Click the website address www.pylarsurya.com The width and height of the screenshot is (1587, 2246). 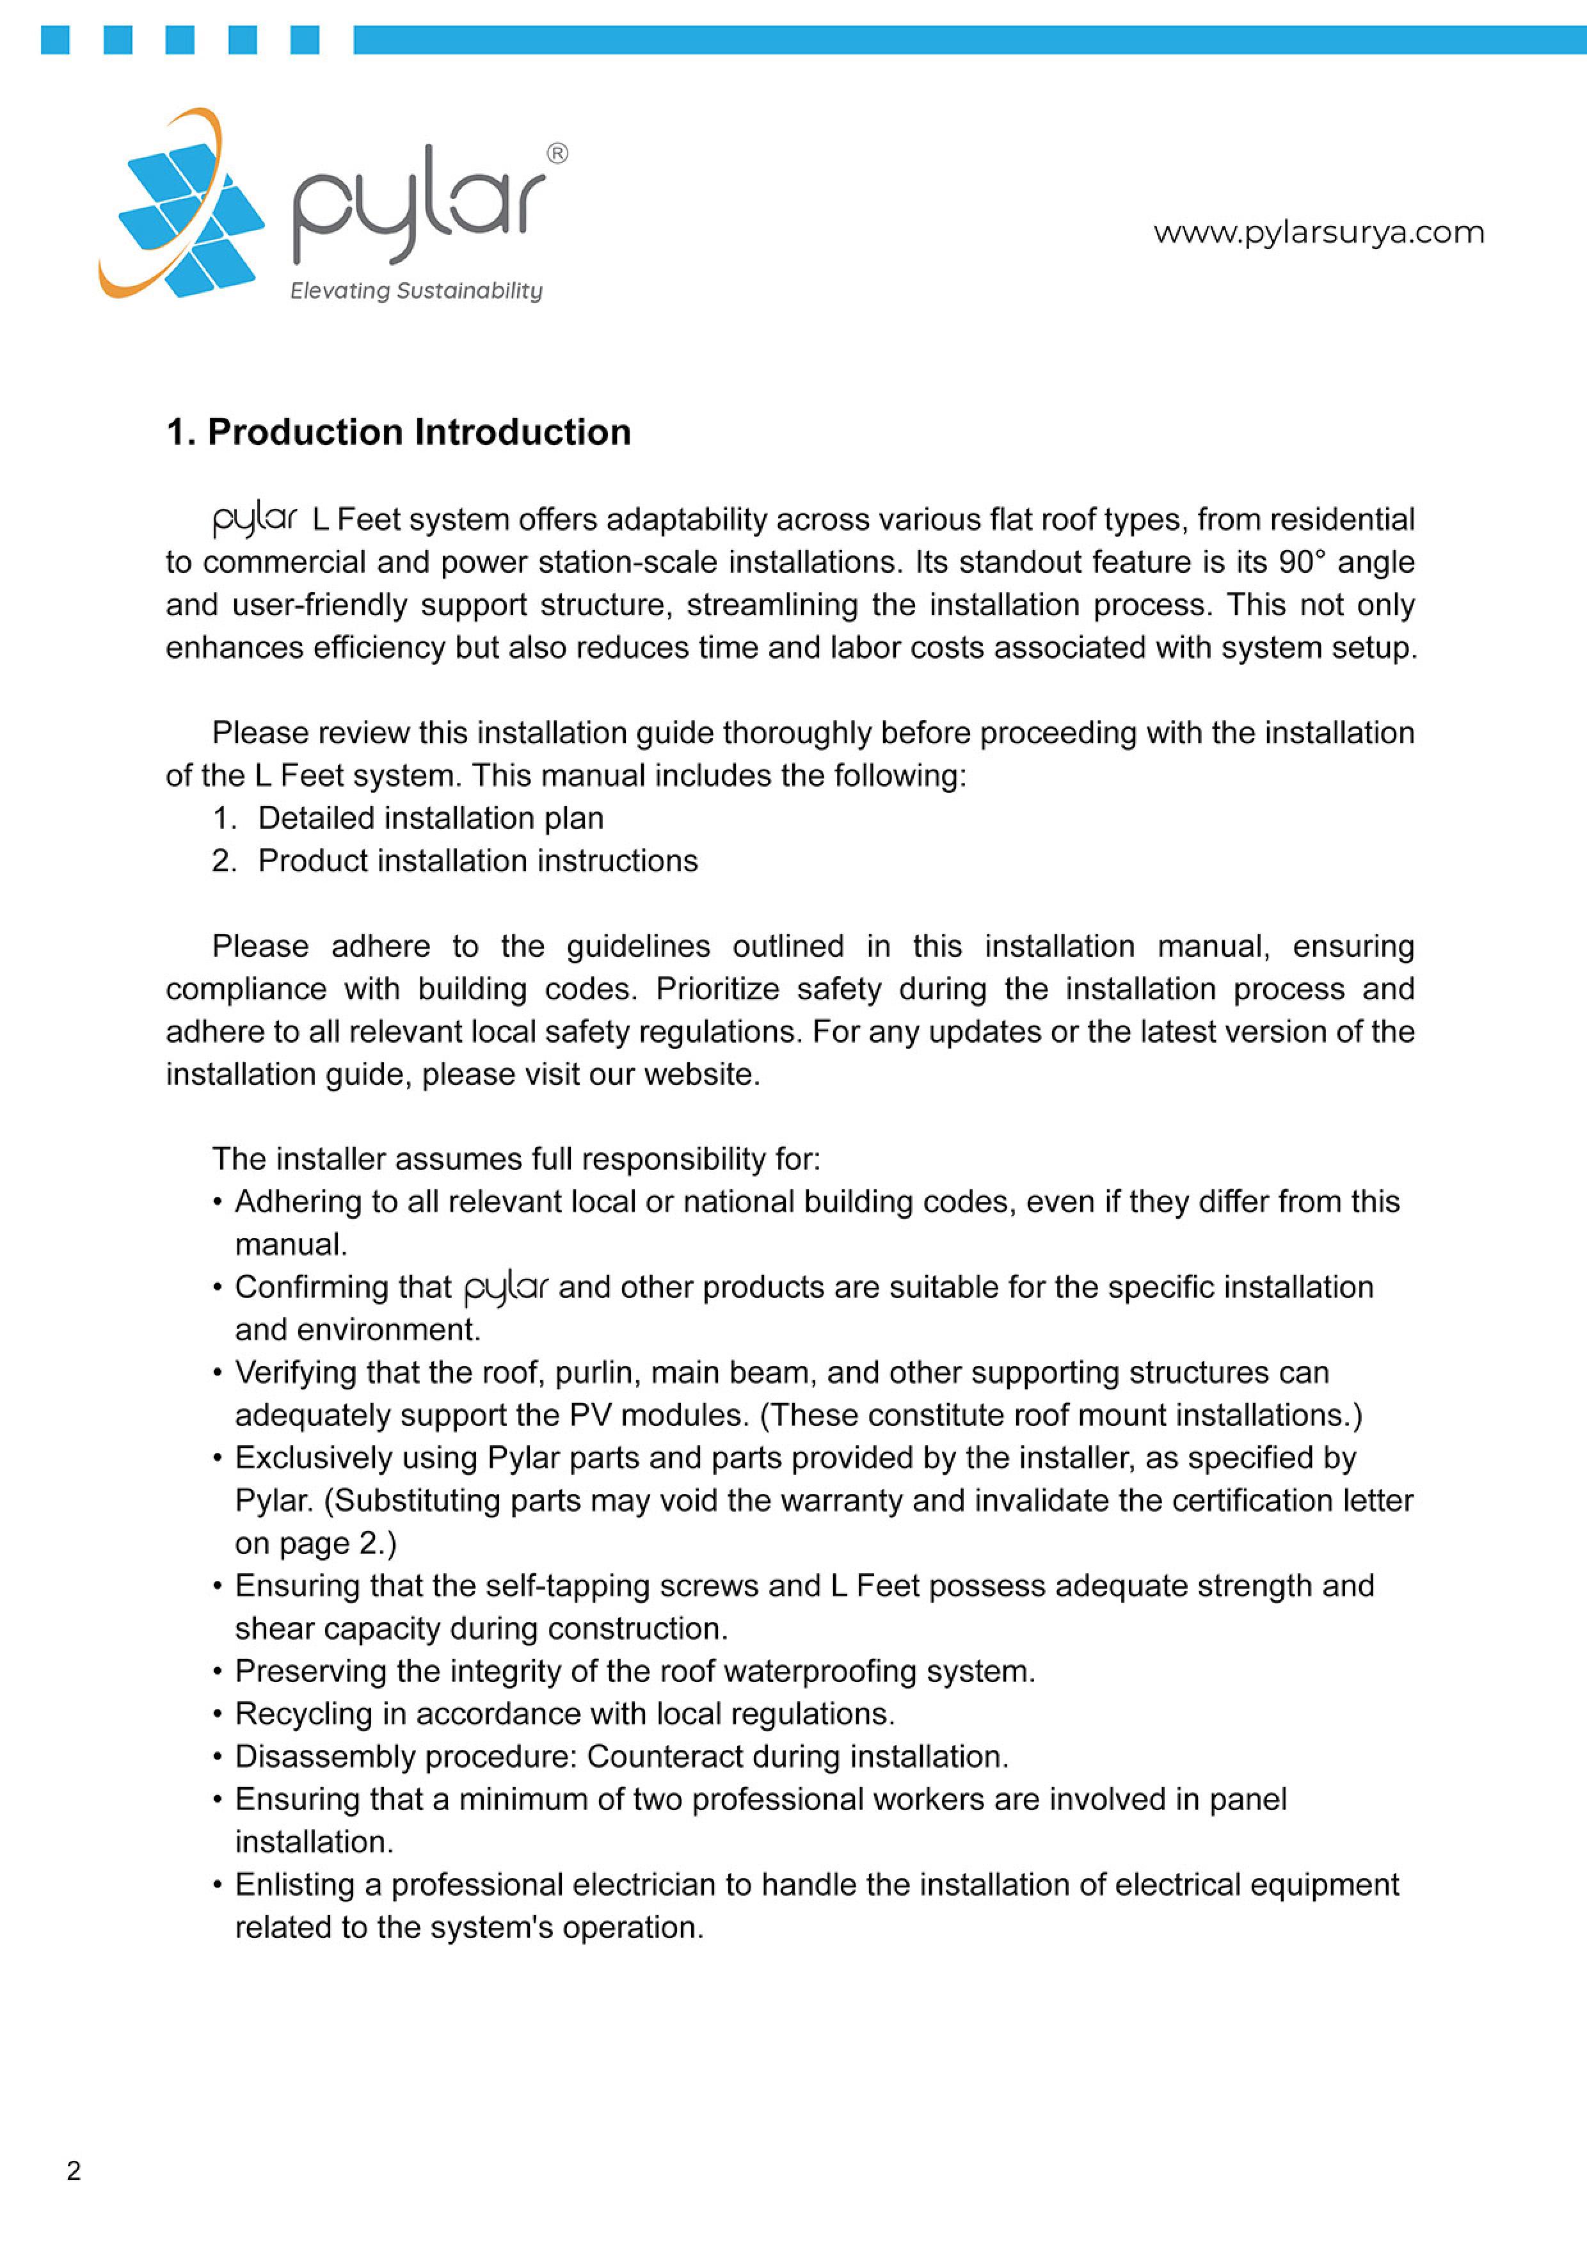click(1318, 233)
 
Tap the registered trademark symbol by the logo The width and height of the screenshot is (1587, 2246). click(557, 154)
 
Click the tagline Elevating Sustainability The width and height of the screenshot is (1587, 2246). click(415, 291)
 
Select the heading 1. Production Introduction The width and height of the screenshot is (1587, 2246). click(398, 433)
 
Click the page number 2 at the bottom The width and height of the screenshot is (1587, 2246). click(74, 2170)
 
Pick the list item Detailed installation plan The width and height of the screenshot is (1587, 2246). click(430, 818)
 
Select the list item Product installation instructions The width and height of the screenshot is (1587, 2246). click(477, 861)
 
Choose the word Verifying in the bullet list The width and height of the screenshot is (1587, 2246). click(295, 1372)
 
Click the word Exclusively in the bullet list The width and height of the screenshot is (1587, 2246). click(313, 1457)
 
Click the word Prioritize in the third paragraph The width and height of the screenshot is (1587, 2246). click(717, 989)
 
